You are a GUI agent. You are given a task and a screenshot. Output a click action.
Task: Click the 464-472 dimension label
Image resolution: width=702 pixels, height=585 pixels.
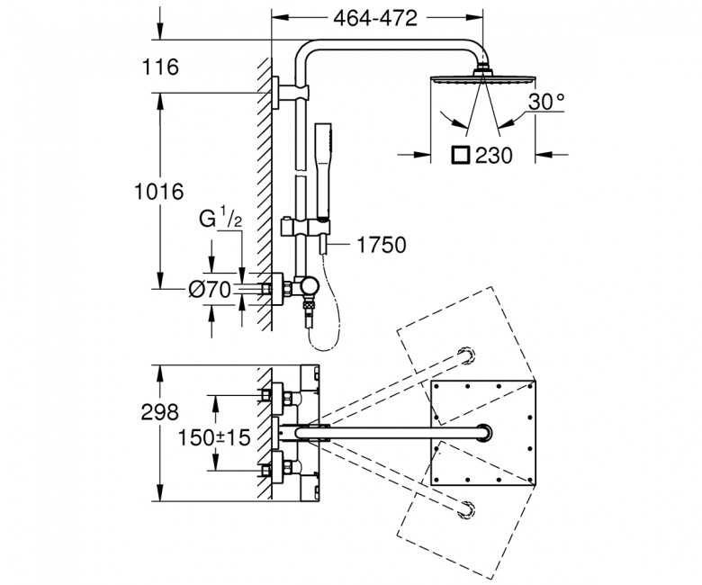point(375,18)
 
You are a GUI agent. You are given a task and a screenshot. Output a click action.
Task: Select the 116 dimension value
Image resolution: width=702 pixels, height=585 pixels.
point(160,67)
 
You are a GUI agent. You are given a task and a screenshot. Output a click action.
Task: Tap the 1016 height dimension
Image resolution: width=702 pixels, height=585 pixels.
point(159,192)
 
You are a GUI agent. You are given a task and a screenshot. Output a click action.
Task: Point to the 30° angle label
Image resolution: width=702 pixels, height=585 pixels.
point(546,102)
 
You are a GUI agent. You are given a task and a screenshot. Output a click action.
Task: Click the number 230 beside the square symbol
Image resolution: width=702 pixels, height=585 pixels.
point(493,156)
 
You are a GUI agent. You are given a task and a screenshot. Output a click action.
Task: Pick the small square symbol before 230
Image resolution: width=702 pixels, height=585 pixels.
point(460,156)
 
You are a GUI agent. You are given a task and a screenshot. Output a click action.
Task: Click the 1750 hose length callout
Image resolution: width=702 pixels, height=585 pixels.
point(382,245)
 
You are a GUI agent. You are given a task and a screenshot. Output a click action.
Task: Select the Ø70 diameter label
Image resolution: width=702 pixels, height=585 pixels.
point(210,290)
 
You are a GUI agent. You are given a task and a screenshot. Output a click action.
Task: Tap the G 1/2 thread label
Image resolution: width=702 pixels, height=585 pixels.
point(221,220)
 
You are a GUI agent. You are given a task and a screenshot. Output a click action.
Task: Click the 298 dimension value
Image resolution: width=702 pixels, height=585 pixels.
point(160,412)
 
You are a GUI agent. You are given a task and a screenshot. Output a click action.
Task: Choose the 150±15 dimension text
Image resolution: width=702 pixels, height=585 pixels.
point(214,437)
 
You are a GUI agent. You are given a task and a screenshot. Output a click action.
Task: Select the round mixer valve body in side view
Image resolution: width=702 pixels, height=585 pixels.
point(310,287)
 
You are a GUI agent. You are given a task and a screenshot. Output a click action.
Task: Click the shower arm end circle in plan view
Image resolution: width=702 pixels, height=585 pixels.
point(484,432)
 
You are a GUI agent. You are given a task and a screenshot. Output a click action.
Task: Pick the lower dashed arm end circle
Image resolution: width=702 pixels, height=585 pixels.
point(467,508)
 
